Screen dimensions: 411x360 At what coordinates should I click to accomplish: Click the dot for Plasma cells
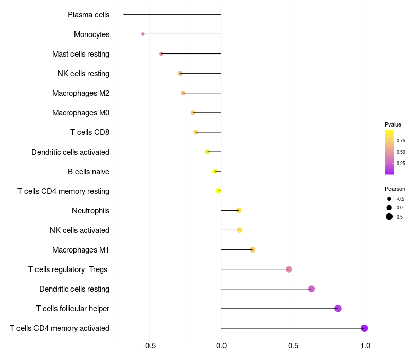pos(124,15)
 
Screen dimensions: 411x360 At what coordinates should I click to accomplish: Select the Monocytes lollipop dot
pos(143,34)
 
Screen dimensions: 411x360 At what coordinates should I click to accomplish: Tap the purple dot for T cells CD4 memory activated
pos(364,328)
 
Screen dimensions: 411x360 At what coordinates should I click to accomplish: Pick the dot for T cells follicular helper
pos(338,309)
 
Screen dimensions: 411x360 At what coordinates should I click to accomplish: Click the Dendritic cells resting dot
pos(311,289)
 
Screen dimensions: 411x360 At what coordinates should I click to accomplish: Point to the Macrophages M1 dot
pos(252,250)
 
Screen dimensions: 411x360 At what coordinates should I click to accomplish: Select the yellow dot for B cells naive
pos(215,171)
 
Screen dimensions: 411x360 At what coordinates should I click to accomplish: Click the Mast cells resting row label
pos(81,54)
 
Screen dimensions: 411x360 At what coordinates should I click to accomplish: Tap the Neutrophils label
pos(91,211)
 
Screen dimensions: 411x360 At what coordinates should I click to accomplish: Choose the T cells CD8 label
pos(90,132)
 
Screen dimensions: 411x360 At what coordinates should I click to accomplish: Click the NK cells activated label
pos(80,230)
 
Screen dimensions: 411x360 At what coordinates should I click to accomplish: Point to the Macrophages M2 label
pos(81,93)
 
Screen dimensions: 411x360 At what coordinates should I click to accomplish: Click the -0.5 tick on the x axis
pos(149,346)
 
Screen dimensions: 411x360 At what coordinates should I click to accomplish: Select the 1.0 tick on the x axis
pos(365,346)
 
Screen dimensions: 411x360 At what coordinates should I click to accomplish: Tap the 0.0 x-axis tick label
pos(221,346)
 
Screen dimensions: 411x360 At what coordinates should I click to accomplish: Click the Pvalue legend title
pos(393,124)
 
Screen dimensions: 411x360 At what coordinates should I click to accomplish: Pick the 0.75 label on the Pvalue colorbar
pos(401,141)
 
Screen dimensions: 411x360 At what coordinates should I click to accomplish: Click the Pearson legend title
pos(395,189)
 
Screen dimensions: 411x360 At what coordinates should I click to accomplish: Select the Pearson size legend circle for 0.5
pos(389,217)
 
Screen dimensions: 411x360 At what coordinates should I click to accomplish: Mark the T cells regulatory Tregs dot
pos(289,269)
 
